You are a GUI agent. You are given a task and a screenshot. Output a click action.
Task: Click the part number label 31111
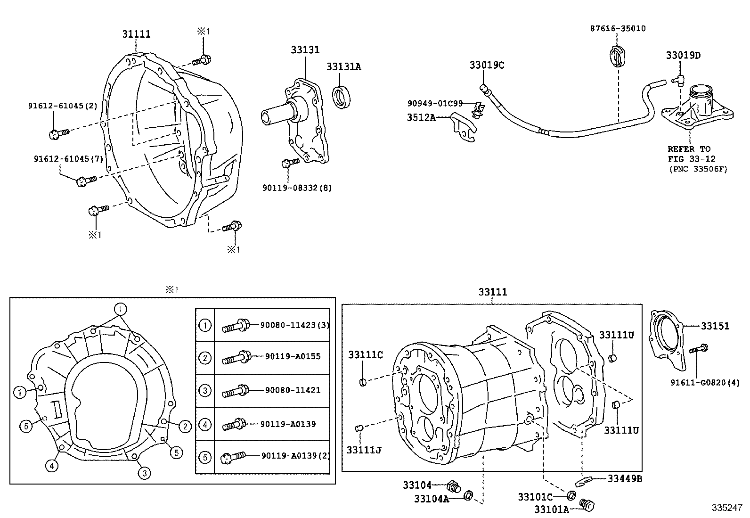point(137,34)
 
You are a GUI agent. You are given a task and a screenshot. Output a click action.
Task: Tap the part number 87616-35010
point(618,28)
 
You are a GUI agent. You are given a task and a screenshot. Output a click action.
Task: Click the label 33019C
point(486,65)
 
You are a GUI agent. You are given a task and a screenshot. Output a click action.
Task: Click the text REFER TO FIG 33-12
point(691,154)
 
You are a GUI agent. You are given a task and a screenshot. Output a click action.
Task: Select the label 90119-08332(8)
point(297,188)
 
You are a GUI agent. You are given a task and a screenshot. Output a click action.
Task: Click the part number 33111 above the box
point(493,292)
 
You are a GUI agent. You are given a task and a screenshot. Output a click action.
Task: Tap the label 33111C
point(366,354)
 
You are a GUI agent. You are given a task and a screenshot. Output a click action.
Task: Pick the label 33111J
point(364,450)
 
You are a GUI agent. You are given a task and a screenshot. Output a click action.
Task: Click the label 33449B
point(625,479)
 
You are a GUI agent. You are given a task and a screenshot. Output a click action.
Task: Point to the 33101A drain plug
point(587,504)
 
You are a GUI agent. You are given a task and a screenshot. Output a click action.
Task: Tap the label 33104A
point(432,498)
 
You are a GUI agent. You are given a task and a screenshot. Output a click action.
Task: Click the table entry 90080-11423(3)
point(295,325)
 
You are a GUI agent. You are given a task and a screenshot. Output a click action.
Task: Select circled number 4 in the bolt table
point(205,424)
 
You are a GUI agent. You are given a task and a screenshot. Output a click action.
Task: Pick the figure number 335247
point(726,508)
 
